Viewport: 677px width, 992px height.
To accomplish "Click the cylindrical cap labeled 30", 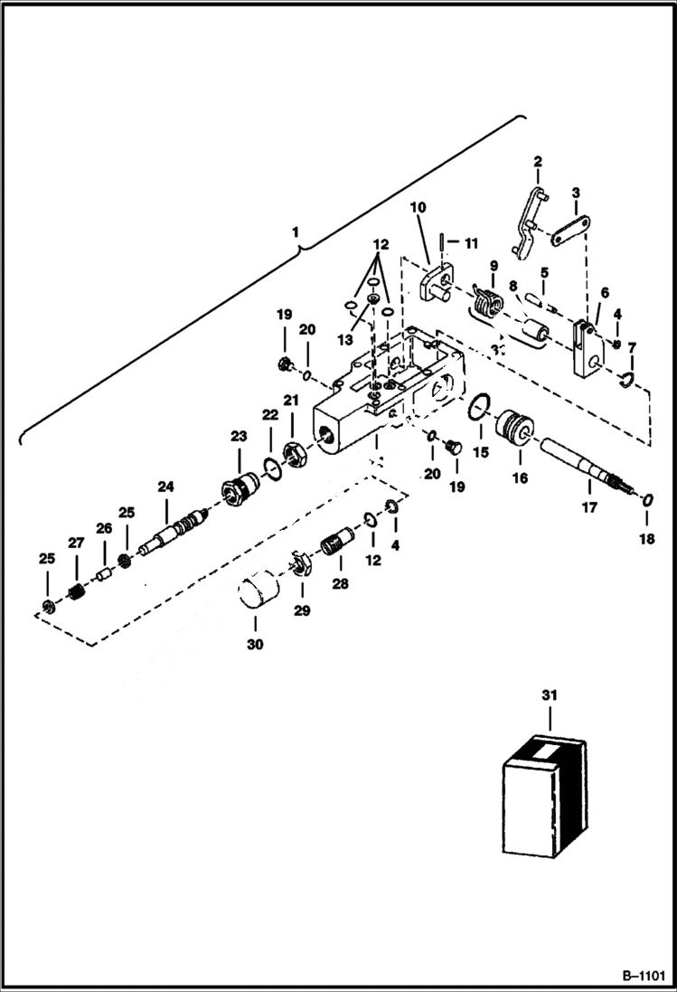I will [x=259, y=588].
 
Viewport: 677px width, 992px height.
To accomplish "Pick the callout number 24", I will [x=165, y=487].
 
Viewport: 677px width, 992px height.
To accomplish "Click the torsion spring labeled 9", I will [x=491, y=301].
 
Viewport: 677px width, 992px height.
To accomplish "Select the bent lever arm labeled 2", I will [x=526, y=218].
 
